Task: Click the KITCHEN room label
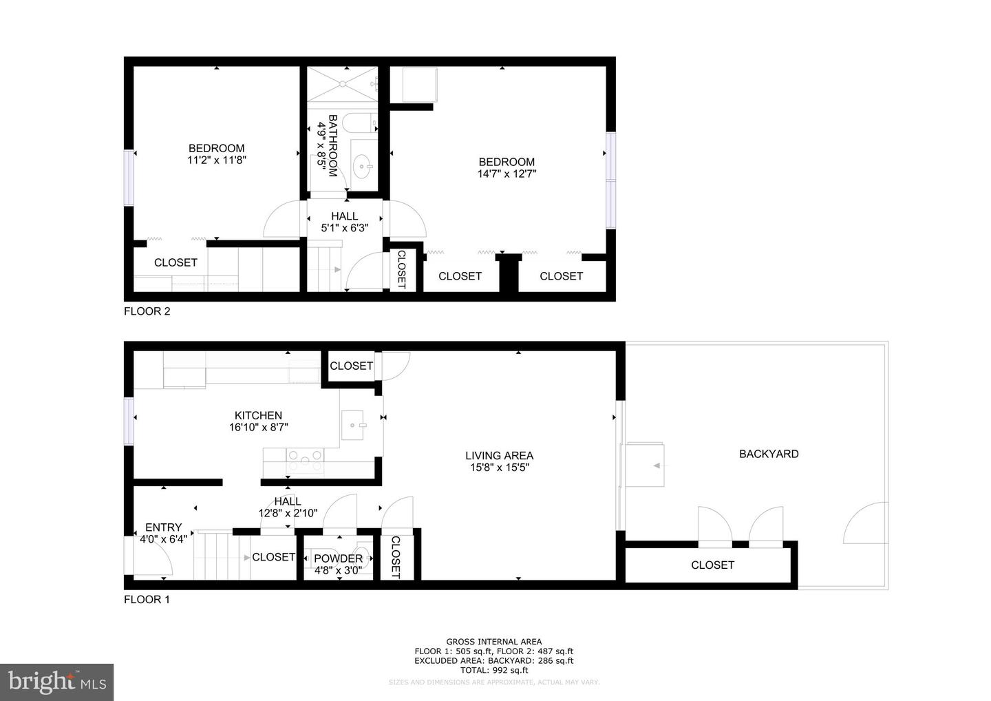[x=258, y=415]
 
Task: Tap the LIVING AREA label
[x=499, y=455]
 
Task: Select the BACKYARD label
[x=769, y=454]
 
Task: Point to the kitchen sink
[x=352, y=425]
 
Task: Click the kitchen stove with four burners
[x=305, y=461]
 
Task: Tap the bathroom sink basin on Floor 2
[x=363, y=167]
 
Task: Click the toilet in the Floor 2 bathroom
[x=360, y=123]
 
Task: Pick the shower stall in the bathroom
[x=343, y=84]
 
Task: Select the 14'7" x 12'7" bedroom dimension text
[x=507, y=174]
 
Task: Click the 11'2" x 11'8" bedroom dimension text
[x=216, y=160]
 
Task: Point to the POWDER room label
[x=338, y=558]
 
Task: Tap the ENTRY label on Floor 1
[x=163, y=527]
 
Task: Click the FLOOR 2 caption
[x=147, y=311]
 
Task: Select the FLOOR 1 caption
[x=147, y=600]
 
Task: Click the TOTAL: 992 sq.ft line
[x=494, y=670]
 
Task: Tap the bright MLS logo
[x=56, y=682]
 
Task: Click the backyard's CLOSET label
[x=712, y=565]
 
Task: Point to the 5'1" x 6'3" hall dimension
[x=345, y=228]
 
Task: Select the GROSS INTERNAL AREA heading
[x=493, y=642]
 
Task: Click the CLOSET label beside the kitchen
[x=351, y=366]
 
